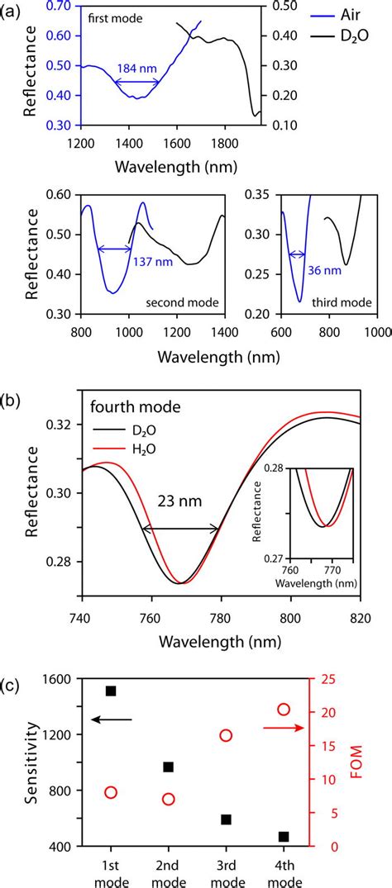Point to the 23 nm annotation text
(181, 501)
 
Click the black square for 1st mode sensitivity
(111, 691)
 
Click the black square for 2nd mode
(169, 767)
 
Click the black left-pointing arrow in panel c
(112, 720)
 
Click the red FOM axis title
(357, 762)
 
